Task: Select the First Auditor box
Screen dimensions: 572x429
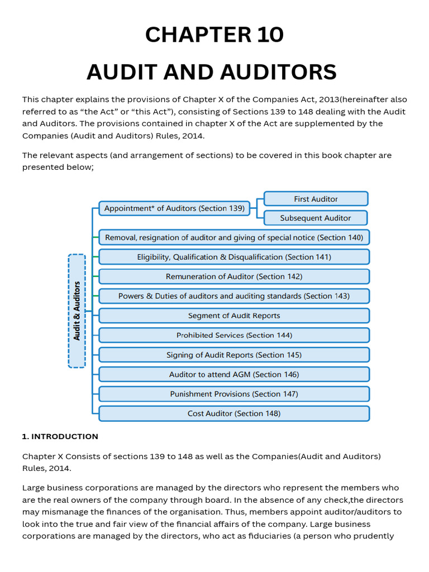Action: click(x=316, y=199)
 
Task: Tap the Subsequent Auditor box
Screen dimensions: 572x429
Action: click(x=316, y=218)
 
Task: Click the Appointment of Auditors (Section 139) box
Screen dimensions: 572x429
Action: click(x=174, y=208)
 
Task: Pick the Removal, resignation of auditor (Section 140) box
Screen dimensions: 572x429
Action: click(x=234, y=237)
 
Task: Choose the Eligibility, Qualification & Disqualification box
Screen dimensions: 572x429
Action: click(x=234, y=257)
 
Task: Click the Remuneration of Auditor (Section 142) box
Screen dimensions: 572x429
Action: click(x=234, y=277)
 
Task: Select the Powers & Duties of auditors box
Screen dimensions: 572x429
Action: click(x=234, y=296)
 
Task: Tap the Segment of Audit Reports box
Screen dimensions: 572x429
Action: click(x=234, y=316)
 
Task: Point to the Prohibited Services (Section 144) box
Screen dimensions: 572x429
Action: click(x=234, y=335)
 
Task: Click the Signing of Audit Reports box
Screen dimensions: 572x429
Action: click(x=234, y=355)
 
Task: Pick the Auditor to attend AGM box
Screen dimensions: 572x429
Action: click(x=234, y=374)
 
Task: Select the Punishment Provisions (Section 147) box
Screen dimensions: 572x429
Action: click(x=234, y=394)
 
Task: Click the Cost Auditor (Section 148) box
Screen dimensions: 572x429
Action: click(x=234, y=413)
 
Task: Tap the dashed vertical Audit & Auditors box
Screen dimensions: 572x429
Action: click(x=77, y=311)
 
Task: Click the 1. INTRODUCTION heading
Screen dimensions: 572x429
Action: click(x=60, y=436)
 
